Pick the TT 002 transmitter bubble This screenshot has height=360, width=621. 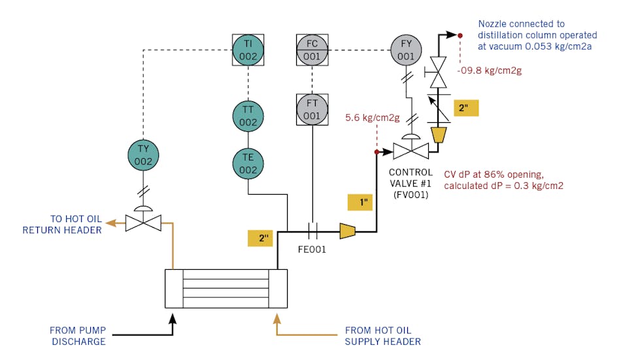(248, 116)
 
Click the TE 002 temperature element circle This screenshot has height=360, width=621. (248, 163)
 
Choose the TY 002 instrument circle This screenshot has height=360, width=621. (143, 154)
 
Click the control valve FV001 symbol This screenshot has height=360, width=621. (411, 152)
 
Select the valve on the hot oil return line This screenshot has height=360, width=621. (143, 223)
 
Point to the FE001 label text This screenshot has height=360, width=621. (312, 249)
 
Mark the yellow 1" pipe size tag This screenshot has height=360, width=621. (360, 203)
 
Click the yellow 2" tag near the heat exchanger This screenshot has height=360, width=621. (260, 238)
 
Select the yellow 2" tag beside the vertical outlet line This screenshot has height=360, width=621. (468, 108)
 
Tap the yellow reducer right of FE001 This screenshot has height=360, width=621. (347, 230)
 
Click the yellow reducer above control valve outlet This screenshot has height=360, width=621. (439, 135)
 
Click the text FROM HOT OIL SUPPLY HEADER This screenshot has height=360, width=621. (382, 336)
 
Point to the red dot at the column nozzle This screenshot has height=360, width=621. (460, 35)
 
